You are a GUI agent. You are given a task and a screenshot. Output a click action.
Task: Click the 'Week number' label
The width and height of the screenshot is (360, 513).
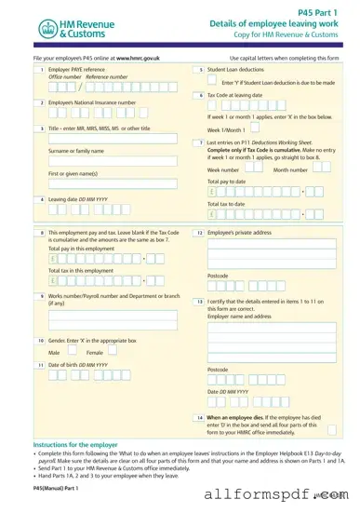(224, 170)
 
